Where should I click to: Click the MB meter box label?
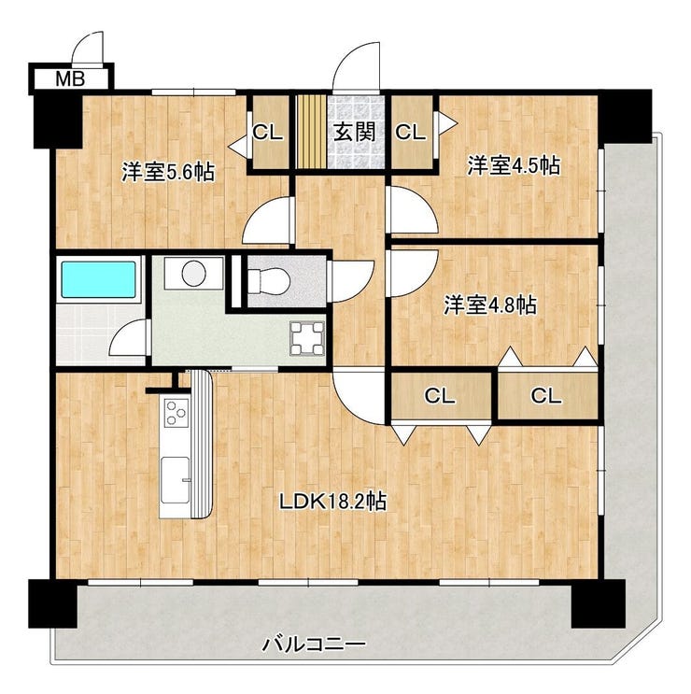pyautogui.click(x=70, y=79)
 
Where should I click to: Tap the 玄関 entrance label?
pyautogui.click(x=354, y=132)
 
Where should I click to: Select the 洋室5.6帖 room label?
pyautogui.click(x=168, y=172)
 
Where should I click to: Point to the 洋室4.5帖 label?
pyautogui.click(x=514, y=165)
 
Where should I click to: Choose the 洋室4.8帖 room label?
pyautogui.click(x=490, y=305)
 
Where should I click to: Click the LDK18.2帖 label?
pyautogui.click(x=332, y=502)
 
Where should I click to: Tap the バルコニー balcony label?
pyautogui.click(x=314, y=644)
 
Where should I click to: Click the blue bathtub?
pyautogui.click(x=98, y=279)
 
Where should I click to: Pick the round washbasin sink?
pyautogui.click(x=194, y=273)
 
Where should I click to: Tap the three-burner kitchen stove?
pyautogui.click(x=176, y=413)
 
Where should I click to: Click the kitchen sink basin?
pyautogui.click(x=176, y=480)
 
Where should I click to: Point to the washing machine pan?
pyautogui.click(x=307, y=338)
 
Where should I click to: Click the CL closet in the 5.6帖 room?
pyautogui.click(x=268, y=132)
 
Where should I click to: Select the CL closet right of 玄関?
pyautogui.click(x=412, y=132)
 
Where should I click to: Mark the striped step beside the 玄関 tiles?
pyautogui.click(x=311, y=132)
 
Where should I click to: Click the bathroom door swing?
pyautogui.click(x=128, y=336)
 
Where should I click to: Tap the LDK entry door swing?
pyautogui.click(x=359, y=394)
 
